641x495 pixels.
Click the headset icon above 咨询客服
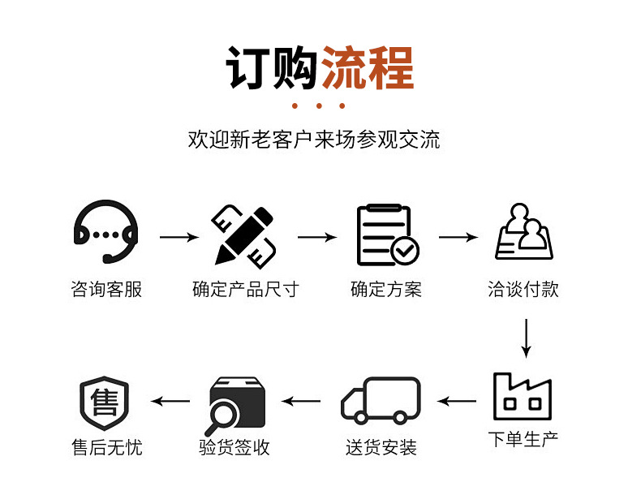click(105, 232)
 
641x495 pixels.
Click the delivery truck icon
click(381, 401)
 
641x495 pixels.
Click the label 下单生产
click(523, 441)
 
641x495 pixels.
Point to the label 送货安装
click(381, 447)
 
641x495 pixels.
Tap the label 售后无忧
click(106, 447)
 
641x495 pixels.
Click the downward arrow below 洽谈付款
click(526, 338)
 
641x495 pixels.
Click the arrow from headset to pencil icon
click(179, 238)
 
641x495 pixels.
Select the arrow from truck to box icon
click(301, 401)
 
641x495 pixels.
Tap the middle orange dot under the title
click(319, 106)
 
